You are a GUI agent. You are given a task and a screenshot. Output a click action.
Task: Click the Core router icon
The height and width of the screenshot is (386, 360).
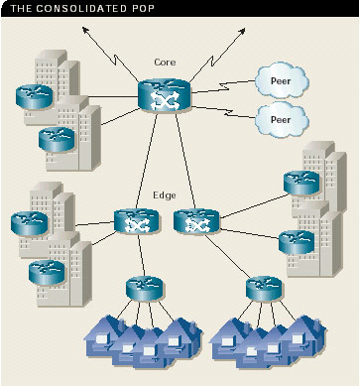[x=165, y=95]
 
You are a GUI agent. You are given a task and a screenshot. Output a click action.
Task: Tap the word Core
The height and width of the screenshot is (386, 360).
[x=165, y=62]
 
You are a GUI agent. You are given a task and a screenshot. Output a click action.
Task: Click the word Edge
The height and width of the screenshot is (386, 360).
[x=165, y=195]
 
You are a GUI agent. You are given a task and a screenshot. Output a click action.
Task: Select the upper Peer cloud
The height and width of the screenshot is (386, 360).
[x=282, y=81]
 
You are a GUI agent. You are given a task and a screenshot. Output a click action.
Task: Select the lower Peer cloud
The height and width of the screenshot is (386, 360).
[x=282, y=119]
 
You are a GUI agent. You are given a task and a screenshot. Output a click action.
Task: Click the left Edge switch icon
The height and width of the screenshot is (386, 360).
[x=136, y=220]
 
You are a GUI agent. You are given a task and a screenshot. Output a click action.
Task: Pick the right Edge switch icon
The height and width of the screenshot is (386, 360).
[x=196, y=220]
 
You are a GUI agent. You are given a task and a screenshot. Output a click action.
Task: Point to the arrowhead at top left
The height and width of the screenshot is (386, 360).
[x=85, y=31]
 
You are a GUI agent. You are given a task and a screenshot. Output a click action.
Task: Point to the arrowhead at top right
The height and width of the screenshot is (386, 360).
[x=242, y=31]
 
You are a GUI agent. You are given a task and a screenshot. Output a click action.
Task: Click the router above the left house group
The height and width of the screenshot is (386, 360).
[x=145, y=289]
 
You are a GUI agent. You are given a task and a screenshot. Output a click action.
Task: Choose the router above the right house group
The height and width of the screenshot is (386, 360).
[x=264, y=289]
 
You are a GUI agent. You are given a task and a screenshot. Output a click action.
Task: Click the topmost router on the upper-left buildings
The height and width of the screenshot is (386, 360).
[x=35, y=96]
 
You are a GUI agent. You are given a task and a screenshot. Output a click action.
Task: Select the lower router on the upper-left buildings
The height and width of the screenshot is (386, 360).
[x=57, y=139]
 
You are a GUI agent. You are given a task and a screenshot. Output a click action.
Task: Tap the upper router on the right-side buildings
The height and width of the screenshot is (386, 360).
[x=301, y=183]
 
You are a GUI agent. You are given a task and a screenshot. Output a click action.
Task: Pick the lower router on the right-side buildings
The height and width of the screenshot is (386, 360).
[x=297, y=242]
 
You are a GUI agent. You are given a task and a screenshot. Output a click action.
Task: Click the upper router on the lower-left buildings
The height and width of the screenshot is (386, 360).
[x=30, y=223]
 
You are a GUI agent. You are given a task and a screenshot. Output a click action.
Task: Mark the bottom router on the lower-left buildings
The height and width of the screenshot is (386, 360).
[x=47, y=272]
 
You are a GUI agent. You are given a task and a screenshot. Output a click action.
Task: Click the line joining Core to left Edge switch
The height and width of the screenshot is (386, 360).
[x=147, y=161]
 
